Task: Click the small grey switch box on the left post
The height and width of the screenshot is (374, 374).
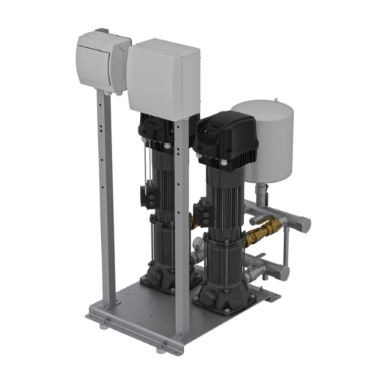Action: coord(102,64)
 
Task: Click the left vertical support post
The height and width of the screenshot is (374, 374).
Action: coord(107,202)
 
